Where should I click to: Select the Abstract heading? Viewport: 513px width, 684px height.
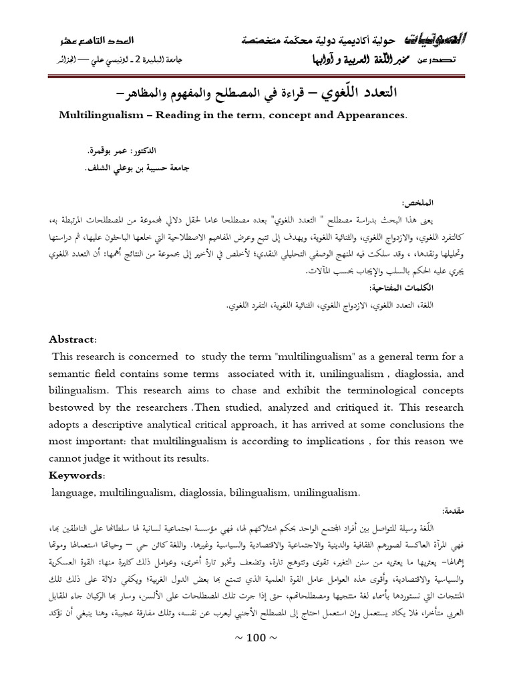click(73, 320)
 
